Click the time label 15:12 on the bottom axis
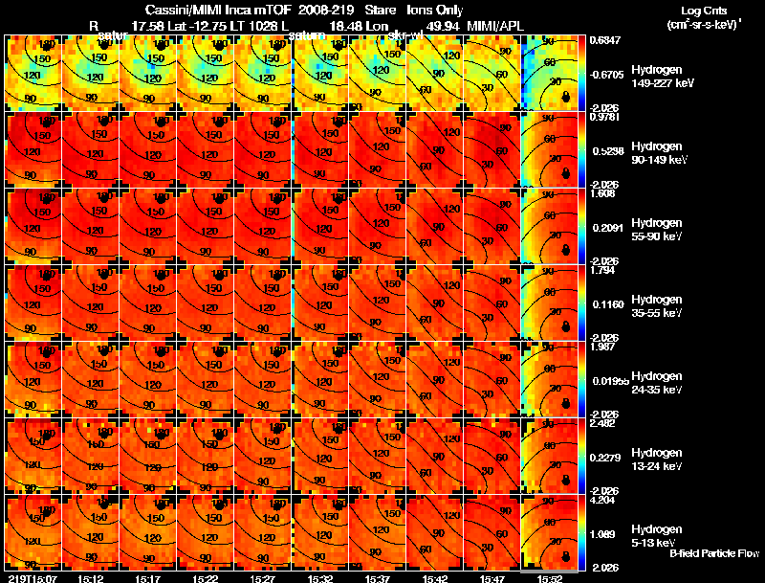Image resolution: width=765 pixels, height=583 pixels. coord(90,578)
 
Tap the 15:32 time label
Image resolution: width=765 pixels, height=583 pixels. coord(319,578)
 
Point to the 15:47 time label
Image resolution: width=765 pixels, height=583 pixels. coord(492,578)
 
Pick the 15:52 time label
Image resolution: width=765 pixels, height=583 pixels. coord(549,578)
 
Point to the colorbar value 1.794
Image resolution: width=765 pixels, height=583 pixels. coord(602,270)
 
